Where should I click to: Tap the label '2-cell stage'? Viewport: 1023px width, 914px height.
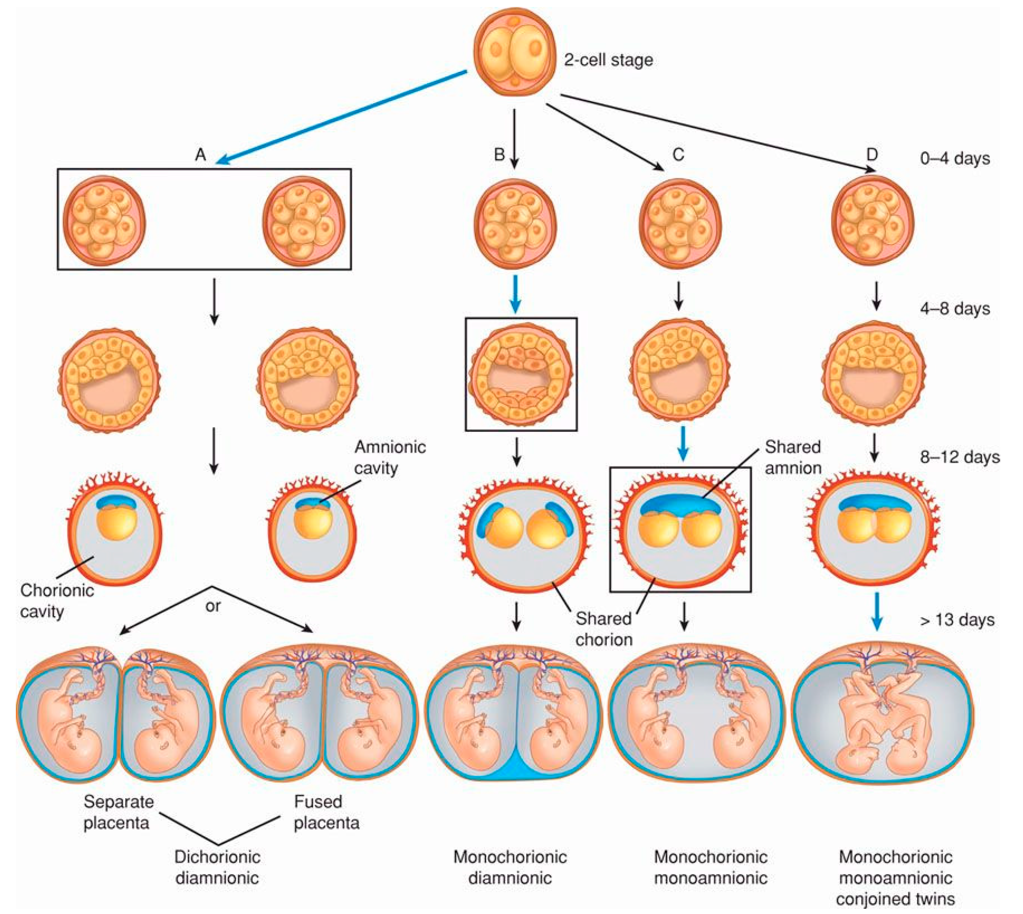[x=608, y=60]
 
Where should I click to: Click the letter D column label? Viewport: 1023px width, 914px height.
[x=872, y=154]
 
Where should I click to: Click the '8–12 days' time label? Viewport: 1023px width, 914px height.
[x=959, y=457]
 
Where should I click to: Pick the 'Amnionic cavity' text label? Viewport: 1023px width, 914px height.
[x=390, y=457]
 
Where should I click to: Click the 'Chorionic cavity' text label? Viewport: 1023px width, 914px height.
[x=56, y=601]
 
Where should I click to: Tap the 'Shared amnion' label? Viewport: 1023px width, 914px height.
[x=793, y=457]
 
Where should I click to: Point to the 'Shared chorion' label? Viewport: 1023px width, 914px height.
[x=603, y=629]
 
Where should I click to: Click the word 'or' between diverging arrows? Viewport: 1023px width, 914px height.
[x=213, y=606]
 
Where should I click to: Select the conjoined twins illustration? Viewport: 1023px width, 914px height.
[x=882, y=713]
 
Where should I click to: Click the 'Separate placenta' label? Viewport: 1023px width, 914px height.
[x=118, y=812]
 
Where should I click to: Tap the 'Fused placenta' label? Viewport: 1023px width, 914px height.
[x=326, y=812]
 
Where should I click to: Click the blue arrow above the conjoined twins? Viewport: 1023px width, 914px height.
[x=876, y=611]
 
